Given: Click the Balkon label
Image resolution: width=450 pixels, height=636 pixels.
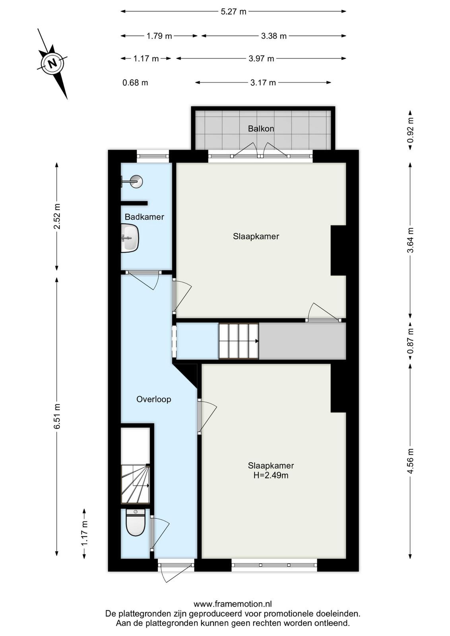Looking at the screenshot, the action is coord(261,129).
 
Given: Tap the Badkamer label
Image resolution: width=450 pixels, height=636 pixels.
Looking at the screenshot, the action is coord(144,217).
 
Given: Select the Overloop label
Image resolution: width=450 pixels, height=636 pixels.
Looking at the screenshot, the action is coord(153,399).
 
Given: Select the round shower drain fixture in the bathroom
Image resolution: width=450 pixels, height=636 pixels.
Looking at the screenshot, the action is coord(136,181).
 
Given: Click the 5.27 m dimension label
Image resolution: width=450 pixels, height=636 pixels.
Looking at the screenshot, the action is coord(233,12).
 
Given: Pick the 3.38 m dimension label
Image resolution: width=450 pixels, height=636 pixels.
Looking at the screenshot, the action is coord(273,36).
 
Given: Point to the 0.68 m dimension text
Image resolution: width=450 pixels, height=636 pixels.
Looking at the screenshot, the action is coord(135,83).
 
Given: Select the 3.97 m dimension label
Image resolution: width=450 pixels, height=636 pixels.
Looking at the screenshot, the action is coord(261,59).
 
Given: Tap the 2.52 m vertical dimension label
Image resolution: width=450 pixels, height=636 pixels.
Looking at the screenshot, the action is coord(57,216).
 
